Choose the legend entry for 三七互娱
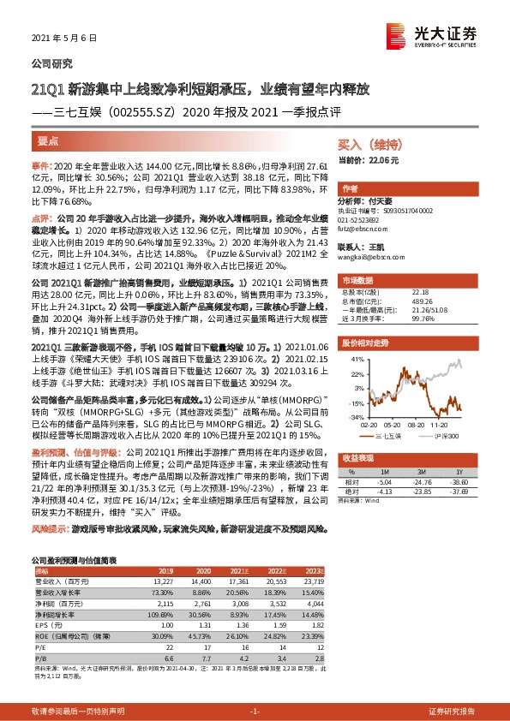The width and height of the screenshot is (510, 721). [392, 436]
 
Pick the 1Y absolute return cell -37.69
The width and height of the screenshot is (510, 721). [461, 490]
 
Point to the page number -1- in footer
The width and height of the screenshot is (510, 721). [254, 712]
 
